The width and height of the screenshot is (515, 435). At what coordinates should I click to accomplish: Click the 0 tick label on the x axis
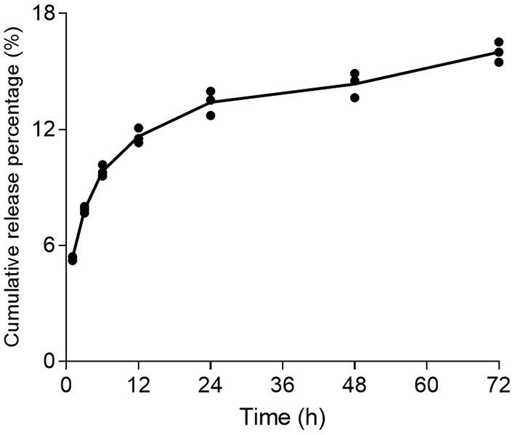click(66, 382)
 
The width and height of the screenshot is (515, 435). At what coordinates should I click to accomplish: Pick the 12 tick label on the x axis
click(138, 382)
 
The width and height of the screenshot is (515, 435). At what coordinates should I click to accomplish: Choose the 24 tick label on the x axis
click(210, 382)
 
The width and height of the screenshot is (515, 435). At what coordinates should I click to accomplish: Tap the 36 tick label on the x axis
click(282, 382)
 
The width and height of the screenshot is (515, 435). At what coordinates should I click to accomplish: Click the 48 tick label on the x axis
click(354, 382)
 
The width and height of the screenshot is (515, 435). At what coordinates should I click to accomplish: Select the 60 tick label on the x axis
click(426, 382)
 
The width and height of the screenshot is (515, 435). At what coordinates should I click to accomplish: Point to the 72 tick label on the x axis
click(498, 382)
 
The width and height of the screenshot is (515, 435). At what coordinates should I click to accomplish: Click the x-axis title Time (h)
click(283, 418)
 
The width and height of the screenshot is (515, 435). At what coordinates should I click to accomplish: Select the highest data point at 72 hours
click(499, 42)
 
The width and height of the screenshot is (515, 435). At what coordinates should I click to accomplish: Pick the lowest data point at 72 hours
click(499, 62)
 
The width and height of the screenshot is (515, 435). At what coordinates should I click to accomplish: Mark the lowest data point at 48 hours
click(354, 97)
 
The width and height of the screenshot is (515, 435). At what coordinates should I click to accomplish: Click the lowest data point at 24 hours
click(211, 115)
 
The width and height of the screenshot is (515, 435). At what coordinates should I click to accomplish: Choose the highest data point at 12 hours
click(138, 128)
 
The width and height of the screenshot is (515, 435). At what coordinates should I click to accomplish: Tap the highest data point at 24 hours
click(211, 92)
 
